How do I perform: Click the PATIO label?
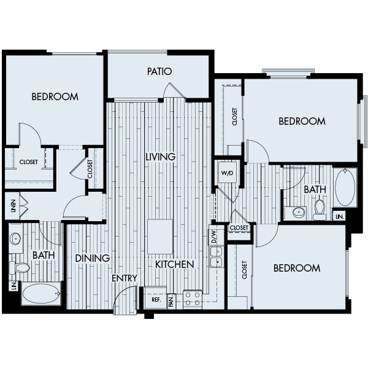159,71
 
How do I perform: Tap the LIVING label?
160,157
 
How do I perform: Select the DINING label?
92,258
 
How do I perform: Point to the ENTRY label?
124,278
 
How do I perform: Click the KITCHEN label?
174,265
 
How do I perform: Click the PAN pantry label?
172,300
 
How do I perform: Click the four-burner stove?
193,299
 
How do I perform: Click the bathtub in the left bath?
41,294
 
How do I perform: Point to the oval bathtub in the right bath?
345,187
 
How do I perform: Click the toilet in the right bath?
320,210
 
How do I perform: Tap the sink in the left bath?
15,238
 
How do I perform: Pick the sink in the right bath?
299,213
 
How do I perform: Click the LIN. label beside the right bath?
339,216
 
